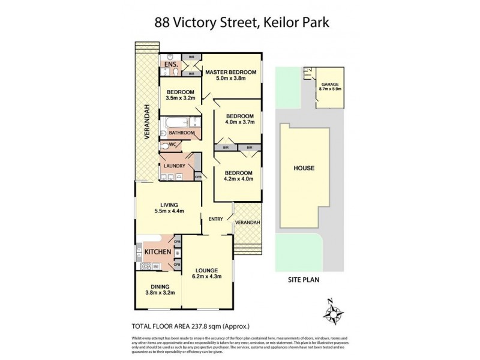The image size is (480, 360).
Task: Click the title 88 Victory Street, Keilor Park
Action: [x=239, y=23]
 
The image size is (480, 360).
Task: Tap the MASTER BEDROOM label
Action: [x=231, y=73]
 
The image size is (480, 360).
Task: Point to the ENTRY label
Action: [x=216, y=220]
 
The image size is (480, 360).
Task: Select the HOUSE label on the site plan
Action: [x=304, y=168]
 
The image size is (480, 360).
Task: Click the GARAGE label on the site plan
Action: [x=330, y=85]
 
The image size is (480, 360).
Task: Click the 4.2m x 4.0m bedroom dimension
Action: [x=239, y=178]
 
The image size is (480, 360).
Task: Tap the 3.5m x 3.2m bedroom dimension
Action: [x=181, y=98]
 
